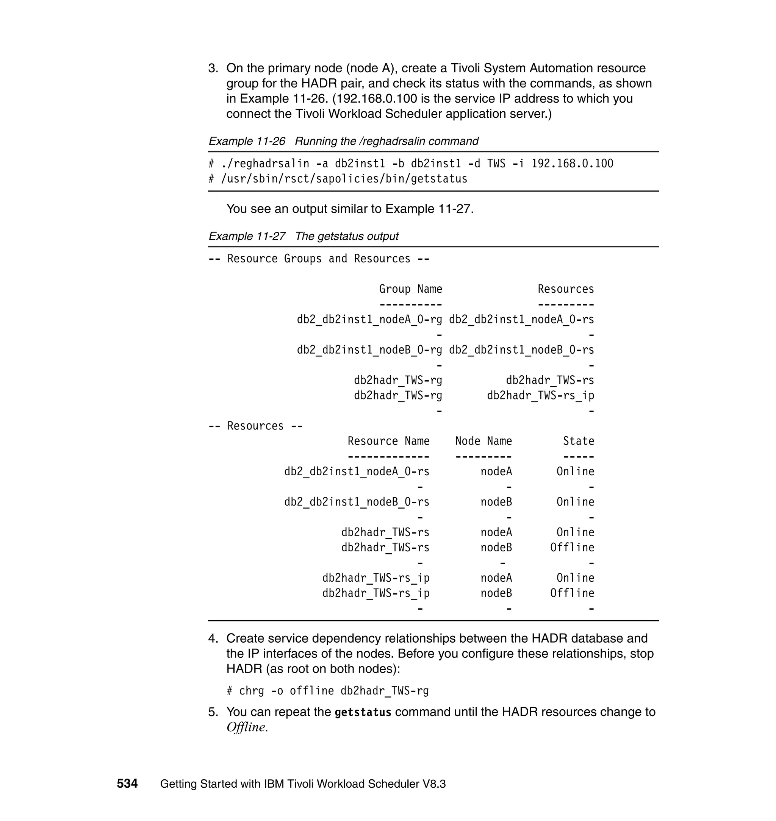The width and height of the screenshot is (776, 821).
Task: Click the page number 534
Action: (127, 784)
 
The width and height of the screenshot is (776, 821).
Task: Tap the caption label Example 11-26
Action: (247, 141)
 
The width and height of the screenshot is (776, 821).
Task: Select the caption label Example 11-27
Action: (247, 236)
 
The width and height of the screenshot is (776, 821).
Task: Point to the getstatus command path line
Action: (338, 179)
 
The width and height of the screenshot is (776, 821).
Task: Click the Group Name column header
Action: (410, 289)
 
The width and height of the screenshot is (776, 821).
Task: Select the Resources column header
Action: (565, 289)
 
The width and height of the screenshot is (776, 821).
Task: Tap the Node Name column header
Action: (483, 441)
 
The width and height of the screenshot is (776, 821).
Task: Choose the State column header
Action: (578, 441)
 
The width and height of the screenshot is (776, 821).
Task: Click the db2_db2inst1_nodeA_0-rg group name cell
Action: (369, 320)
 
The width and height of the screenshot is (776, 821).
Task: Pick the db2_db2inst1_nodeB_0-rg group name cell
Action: (369, 350)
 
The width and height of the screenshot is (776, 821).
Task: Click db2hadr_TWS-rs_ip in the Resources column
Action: (540, 396)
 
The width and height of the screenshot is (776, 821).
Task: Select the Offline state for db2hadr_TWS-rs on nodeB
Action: (572, 548)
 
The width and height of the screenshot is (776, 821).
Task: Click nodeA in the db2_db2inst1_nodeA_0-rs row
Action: (496, 472)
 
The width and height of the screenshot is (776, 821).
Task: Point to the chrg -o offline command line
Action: (328, 691)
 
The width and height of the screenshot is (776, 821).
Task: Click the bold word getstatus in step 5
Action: (363, 712)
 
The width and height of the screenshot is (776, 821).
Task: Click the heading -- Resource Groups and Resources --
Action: (319, 259)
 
